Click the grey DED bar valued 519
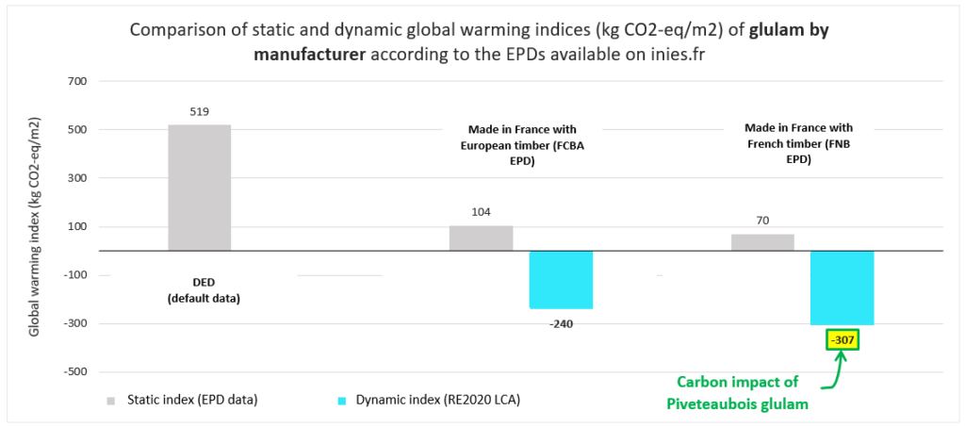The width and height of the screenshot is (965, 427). (199, 188)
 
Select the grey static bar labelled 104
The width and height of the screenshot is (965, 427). (481, 238)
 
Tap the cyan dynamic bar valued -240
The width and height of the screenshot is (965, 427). (561, 280)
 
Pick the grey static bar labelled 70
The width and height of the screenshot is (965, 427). (762, 242)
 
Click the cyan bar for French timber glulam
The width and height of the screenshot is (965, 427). (842, 287)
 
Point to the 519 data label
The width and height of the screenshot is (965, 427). (199, 111)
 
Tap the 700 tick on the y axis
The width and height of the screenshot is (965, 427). (76, 82)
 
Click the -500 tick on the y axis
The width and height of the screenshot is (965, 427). (74, 371)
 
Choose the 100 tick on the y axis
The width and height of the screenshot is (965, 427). (76, 226)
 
